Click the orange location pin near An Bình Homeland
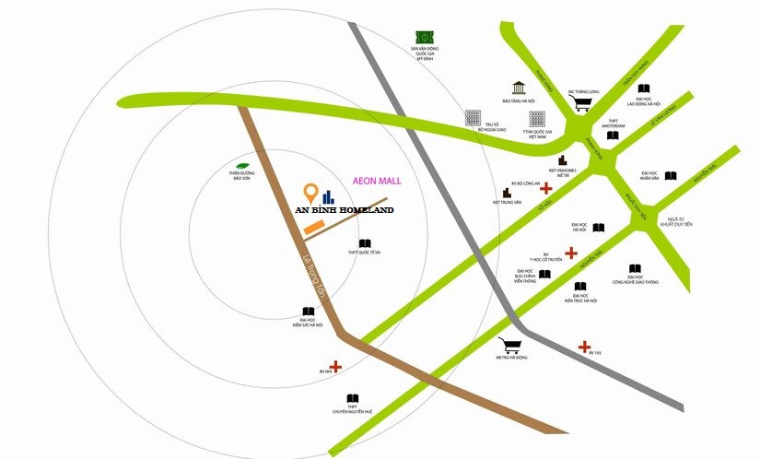(x=311, y=194)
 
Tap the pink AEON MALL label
(x=379, y=182)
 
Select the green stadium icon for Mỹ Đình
(x=425, y=36)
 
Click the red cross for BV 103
(x=584, y=347)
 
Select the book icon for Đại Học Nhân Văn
(x=671, y=176)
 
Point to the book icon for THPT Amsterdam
(x=613, y=136)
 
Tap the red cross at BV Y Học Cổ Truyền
(x=571, y=253)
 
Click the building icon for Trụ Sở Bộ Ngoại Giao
(x=473, y=118)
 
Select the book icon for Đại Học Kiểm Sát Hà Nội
(x=308, y=312)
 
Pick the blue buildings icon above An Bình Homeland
(x=329, y=195)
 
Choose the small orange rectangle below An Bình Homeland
(x=313, y=227)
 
